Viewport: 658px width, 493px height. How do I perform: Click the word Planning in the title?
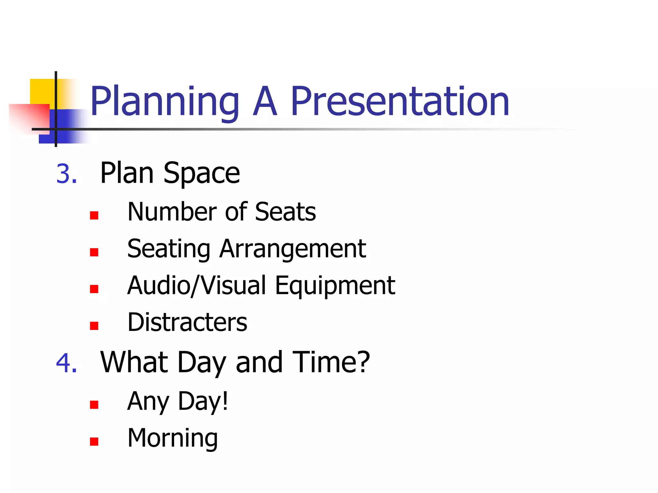point(164,102)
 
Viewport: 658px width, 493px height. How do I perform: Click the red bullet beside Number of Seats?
point(94,215)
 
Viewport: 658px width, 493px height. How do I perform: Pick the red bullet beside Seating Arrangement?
point(94,252)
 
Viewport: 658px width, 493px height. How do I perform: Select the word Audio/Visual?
point(197,286)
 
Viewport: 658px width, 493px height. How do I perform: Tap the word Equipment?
point(335,286)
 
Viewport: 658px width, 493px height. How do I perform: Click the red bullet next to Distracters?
point(94,326)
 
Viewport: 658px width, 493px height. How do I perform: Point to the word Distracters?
point(187,322)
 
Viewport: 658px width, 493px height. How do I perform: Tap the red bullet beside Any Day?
point(94,404)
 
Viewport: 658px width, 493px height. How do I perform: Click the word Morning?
point(173,438)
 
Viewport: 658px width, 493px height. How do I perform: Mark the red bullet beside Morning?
point(94,442)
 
